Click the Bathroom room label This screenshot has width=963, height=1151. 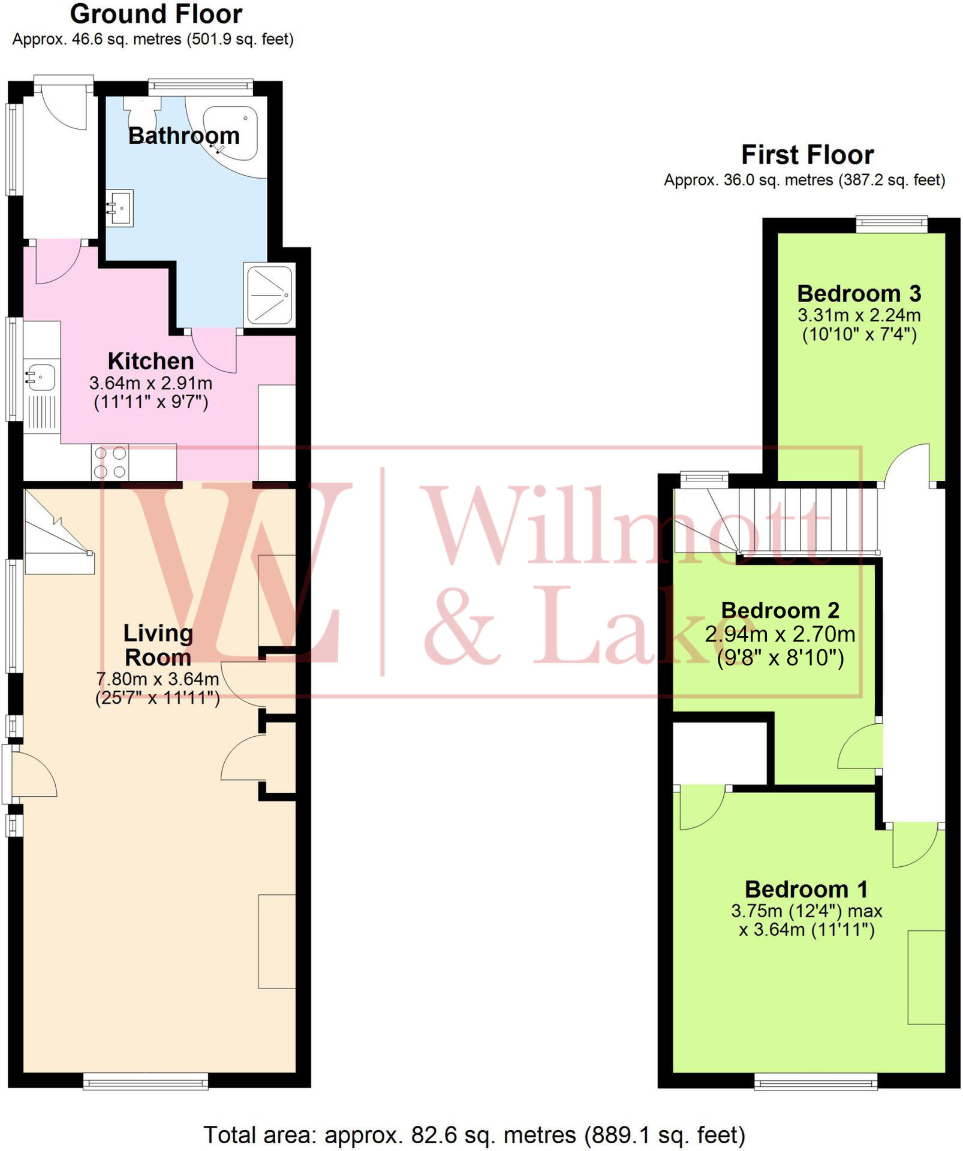click(183, 135)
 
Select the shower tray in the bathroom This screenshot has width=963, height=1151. click(269, 294)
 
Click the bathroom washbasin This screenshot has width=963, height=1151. click(119, 207)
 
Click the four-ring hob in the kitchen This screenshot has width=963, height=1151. click(110, 462)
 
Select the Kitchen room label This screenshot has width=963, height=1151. click(151, 361)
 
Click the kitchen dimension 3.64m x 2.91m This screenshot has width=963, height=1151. click(151, 382)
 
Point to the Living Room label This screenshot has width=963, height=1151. click(158, 645)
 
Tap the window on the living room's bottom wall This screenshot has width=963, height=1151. click(146, 1081)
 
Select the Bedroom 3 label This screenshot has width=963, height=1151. click(859, 294)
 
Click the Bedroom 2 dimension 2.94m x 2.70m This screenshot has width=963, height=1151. click(780, 634)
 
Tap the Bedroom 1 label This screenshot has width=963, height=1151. click(806, 889)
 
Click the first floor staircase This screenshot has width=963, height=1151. click(780, 520)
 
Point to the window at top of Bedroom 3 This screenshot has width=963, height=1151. click(891, 224)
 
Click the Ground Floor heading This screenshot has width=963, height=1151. click(156, 14)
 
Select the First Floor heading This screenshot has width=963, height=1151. click(807, 155)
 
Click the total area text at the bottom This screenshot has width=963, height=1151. click(474, 1135)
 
